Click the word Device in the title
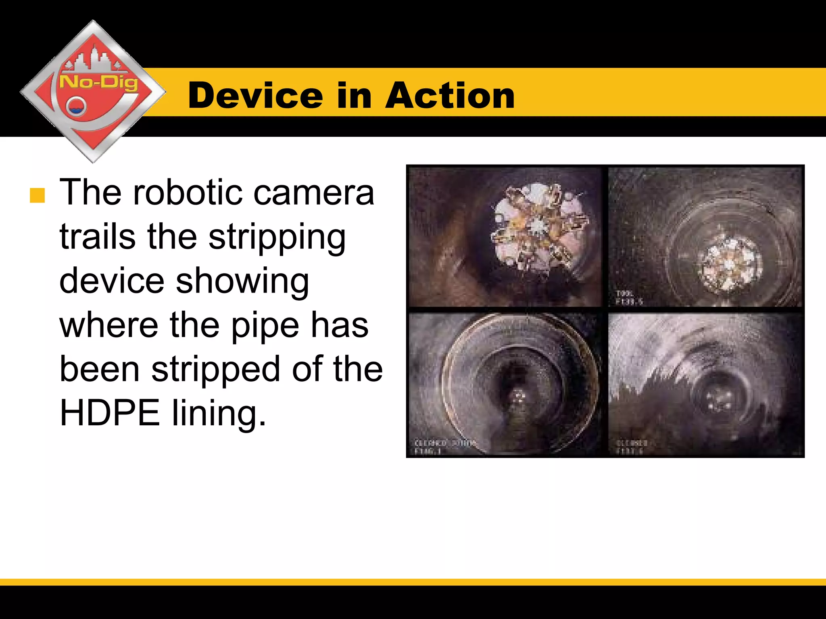pos(255,96)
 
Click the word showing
pos(242,282)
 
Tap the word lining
pos(219,414)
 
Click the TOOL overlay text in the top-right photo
pos(624,293)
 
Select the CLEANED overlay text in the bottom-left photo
pos(430,443)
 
